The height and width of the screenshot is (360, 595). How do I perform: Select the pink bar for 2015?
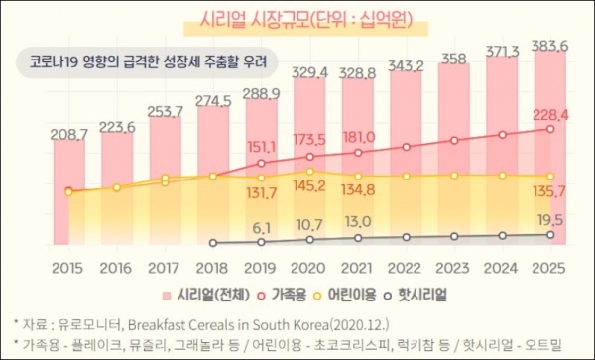(x=69, y=192)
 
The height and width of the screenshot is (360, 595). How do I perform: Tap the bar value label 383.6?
(x=549, y=46)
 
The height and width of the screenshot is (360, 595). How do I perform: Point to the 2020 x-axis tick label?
(x=308, y=268)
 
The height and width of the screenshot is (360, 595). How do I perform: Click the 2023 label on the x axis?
(x=453, y=268)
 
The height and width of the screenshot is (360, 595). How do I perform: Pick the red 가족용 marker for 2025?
(x=550, y=129)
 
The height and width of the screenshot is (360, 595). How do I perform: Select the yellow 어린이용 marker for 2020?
(x=310, y=172)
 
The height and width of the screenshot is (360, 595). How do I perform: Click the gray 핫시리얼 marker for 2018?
(x=213, y=243)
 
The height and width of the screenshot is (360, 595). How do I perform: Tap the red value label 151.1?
(x=262, y=147)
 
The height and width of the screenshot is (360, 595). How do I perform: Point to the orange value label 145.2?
(x=309, y=185)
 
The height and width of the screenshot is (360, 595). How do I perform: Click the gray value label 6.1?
(x=262, y=228)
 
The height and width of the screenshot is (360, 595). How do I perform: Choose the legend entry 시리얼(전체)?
(x=206, y=295)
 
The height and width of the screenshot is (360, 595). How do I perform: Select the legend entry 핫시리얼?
(x=415, y=295)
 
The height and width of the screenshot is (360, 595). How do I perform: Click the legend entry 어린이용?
(x=345, y=295)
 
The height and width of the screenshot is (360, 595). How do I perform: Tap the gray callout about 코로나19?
(x=147, y=62)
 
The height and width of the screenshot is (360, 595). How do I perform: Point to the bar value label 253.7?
(x=165, y=112)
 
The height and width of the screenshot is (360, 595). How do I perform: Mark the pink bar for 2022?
(x=406, y=158)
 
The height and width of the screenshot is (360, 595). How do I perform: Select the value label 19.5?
(x=549, y=220)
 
